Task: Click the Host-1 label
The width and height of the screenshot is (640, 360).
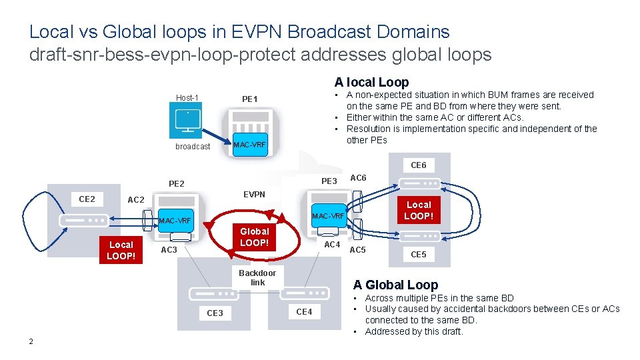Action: (187, 98)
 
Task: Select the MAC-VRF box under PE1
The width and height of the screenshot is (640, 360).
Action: (249, 145)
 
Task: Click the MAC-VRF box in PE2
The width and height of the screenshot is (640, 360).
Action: (175, 221)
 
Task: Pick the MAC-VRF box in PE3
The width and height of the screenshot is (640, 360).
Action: (329, 215)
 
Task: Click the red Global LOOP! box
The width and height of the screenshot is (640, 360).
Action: (254, 237)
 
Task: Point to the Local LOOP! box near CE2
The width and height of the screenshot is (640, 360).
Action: (121, 250)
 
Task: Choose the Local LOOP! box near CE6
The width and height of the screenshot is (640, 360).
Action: (419, 210)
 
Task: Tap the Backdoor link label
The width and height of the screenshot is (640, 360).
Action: (257, 277)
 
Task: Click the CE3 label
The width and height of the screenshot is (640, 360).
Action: (215, 313)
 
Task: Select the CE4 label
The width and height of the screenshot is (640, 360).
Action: (304, 311)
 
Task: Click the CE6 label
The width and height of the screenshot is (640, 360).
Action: (418, 165)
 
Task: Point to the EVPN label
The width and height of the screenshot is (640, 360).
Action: (254, 195)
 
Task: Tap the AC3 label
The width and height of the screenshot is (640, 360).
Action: (169, 250)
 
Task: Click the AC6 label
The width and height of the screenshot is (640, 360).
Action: (358, 178)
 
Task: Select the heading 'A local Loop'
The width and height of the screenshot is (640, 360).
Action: (371, 82)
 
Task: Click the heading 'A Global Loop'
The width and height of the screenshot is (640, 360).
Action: (395, 285)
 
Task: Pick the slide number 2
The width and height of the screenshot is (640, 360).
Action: (31, 342)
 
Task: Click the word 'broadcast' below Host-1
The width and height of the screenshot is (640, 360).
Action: (193, 146)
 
